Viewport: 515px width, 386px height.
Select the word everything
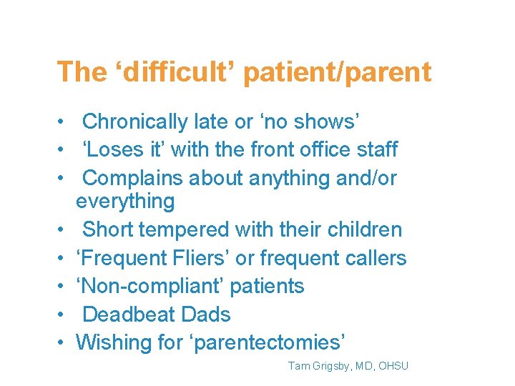pos(125,202)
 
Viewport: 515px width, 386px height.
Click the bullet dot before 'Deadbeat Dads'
pos(62,315)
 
